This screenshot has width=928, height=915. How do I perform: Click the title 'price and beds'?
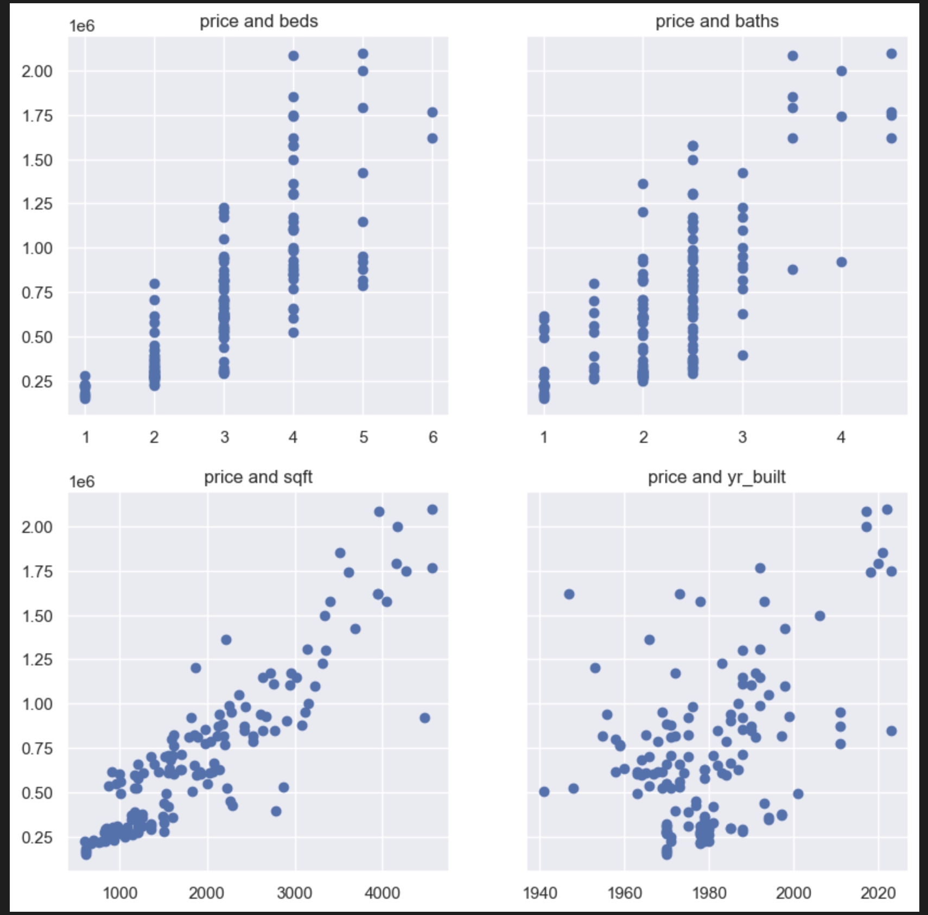tap(258, 21)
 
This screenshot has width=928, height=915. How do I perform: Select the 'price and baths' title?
tap(716, 21)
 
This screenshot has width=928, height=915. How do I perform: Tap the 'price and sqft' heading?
tap(258, 477)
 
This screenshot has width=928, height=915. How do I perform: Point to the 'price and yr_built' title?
tap(716, 477)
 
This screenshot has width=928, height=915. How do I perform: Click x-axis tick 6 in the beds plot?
tap(433, 437)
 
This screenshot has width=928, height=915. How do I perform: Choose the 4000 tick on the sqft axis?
tap(382, 893)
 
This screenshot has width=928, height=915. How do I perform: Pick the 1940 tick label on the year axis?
tap(539, 893)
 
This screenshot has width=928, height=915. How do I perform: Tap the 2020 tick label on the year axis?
tap(878, 893)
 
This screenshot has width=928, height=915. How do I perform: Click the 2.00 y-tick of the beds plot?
tap(37, 71)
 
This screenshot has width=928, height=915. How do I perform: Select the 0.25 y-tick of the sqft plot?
tap(37, 837)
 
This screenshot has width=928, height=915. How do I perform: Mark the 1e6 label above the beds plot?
tap(81, 26)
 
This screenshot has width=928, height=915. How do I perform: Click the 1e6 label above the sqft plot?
tap(81, 482)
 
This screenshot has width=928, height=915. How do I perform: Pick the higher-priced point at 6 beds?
tap(433, 112)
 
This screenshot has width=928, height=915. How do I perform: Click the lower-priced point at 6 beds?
tap(433, 138)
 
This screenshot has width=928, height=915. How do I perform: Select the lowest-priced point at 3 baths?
tap(743, 355)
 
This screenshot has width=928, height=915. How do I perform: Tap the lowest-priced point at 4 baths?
tap(842, 262)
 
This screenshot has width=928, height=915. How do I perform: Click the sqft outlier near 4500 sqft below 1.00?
tap(425, 718)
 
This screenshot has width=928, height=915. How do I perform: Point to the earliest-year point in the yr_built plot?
tap(544, 792)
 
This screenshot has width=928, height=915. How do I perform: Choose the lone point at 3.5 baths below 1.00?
tap(793, 270)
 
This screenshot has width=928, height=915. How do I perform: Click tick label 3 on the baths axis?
tap(742, 437)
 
